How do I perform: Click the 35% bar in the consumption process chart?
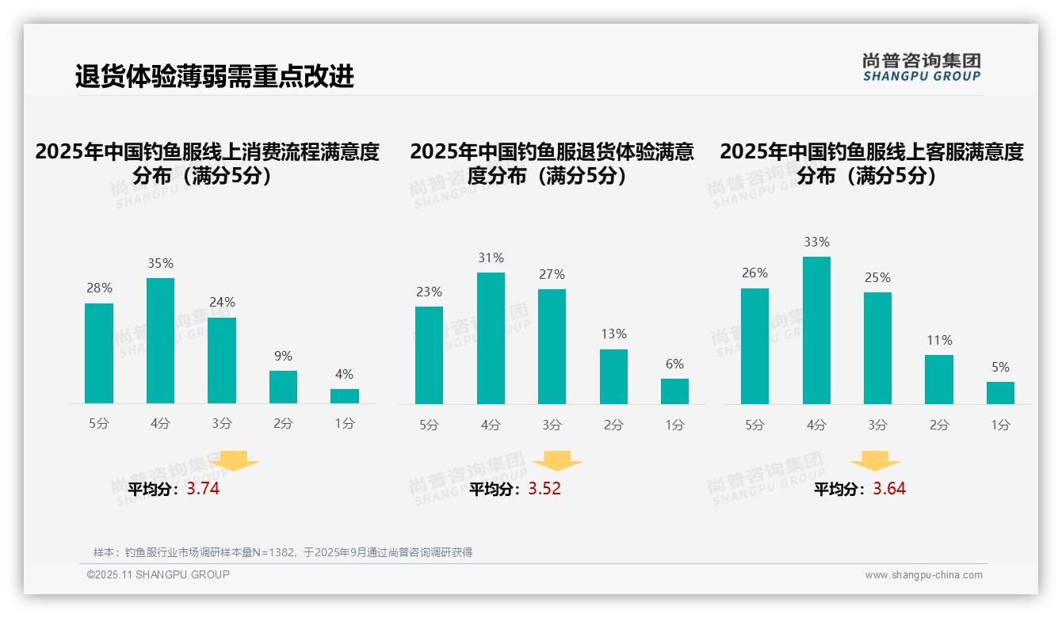[x=160, y=341]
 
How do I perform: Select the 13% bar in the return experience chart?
[x=613, y=376]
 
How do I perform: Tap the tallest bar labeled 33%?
[x=816, y=330]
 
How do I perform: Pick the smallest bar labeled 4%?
[x=345, y=396]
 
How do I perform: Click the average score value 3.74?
[x=203, y=489]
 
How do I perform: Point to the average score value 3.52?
[x=544, y=489]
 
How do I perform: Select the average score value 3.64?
[x=889, y=489]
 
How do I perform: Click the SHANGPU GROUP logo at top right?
[x=921, y=67]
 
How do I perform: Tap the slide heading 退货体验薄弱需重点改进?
[x=214, y=76]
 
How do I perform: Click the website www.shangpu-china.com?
[x=923, y=575]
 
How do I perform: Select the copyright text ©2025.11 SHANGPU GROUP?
[x=159, y=574]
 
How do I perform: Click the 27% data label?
[x=552, y=275]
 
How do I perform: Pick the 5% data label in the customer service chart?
[x=1000, y=368]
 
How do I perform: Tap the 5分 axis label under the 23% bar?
[x=429, y=425]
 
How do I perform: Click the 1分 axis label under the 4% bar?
[x=345, y=424]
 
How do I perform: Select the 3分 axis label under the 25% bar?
[x=877, y=425]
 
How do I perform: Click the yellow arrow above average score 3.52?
[x=557, y=461]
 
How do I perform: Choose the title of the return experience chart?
[x=552, y=163]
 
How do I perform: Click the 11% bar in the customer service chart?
[x=939, y=380]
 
